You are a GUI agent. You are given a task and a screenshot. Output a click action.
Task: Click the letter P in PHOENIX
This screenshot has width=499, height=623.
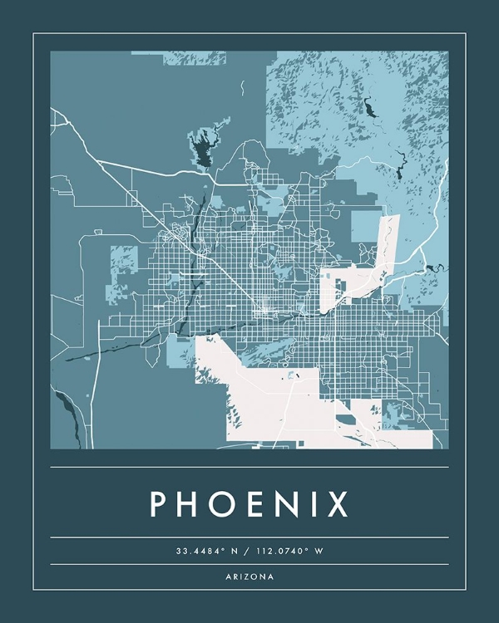pyautogui.click(x=160, y=504)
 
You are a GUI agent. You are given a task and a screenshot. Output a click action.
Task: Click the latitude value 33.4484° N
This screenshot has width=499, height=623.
pyautogui.click(x=205, y=551)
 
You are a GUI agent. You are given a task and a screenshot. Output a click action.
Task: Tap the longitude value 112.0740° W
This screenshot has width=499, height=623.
pyautogui.click(x=287, y=551)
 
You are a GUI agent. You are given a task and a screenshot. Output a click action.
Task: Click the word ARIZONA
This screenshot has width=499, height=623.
pyautogui.click(x=249, y=576)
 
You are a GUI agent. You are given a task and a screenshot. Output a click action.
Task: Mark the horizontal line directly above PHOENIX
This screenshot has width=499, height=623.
pyautogui.click(x=249, y=467)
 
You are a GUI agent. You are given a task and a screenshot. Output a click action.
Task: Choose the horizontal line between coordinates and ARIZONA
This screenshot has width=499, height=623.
pyautogui.click(x=249, y=564)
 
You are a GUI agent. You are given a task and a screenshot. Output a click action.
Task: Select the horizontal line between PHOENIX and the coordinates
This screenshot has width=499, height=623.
pyautogui.click(x=249, y=537)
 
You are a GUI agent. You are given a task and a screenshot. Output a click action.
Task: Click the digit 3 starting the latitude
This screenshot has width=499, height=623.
pyautogui.click(x=178, y=551)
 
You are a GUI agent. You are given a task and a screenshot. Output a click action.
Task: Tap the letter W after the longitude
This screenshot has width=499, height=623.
pyautogui.click(x=319, y=551)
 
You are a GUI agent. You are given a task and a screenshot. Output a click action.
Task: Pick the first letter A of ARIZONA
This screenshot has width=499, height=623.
pyautogui.click(x=227, y=576)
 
